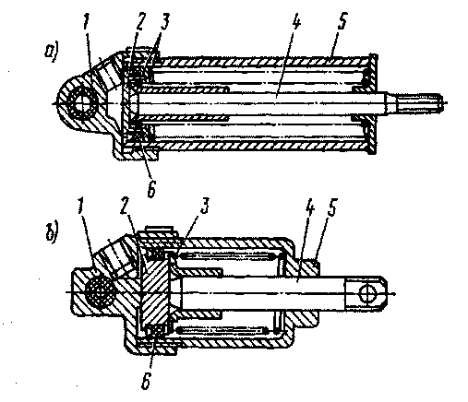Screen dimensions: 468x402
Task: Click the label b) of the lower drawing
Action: click(x=52, y=234)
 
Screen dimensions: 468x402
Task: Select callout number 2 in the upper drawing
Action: click(x=139, y=22)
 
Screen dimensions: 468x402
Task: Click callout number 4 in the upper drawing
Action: click(x=295, y=21)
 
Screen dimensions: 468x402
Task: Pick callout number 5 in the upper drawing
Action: click(x=342, y=21)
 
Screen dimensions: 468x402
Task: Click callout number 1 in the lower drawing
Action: click(x=80, y=207)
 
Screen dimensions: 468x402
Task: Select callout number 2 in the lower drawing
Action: click(x=125, y=207)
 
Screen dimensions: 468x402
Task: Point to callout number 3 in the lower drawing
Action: click(x=205, y=206)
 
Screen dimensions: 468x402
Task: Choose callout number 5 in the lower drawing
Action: click(x=332, y=207)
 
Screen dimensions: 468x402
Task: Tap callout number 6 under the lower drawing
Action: click(x=146, y=381)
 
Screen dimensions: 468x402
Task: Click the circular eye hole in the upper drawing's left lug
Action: click(x=82, y=104)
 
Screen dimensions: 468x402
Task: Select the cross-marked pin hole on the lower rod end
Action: click(x=367, y=293)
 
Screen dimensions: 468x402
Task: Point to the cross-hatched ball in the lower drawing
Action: click(x=99, y=294)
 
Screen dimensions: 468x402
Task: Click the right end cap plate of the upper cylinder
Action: click(x=373, y=104)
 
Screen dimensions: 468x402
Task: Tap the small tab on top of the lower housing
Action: click(x=159, y=230)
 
